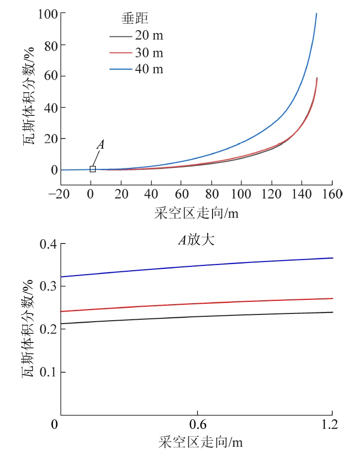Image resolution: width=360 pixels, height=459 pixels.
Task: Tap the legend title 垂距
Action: (135, 20)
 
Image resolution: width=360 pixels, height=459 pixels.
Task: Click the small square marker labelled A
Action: (93, 169)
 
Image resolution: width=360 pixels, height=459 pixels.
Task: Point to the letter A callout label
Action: (101, 145)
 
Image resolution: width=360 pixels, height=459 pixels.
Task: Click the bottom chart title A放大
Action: (197, 239)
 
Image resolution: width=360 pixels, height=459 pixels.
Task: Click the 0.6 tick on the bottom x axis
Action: (196, 426)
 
